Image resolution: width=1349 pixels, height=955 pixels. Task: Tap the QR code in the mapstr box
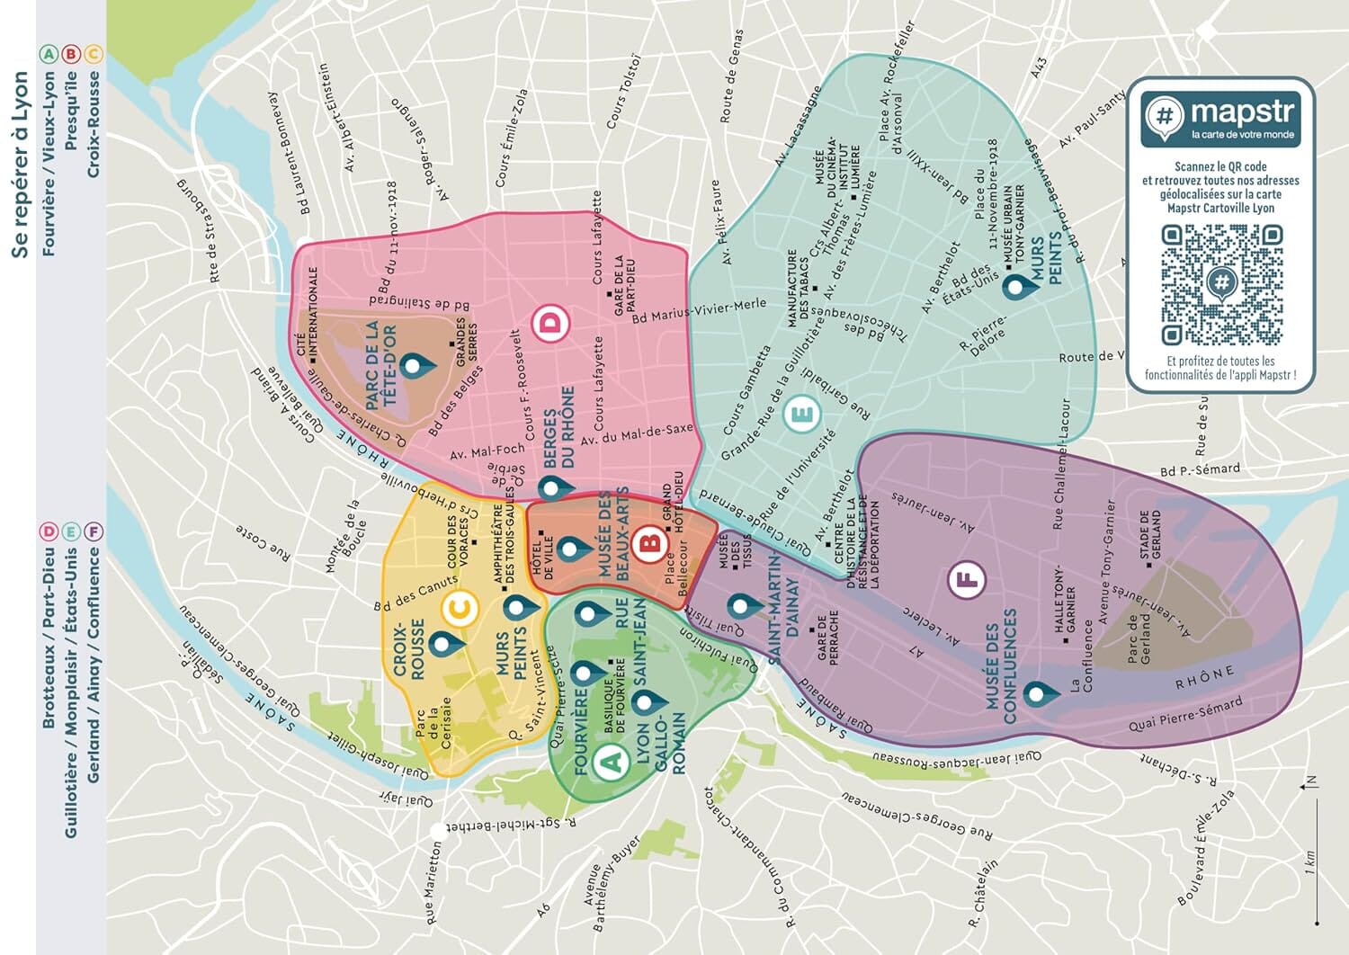[x=1220, y=285]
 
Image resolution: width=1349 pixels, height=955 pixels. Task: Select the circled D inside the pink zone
[x=551, y=323]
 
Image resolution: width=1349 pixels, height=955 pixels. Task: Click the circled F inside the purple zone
[x=967, y=580]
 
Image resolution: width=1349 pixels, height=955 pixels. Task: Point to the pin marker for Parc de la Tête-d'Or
[x=416, y=366]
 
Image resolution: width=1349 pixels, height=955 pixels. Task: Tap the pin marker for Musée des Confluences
[x=1036, y=694]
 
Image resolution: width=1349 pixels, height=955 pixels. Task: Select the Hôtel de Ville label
[x=544, y=553]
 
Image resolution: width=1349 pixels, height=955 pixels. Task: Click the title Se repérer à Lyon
[x=20, y=165]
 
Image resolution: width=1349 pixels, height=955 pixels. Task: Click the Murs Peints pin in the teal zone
[x=1016, y=288]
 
